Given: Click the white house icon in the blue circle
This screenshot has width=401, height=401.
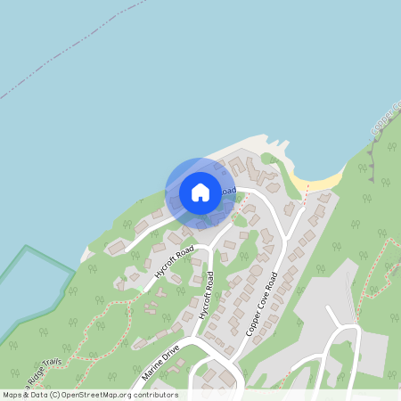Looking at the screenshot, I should [200, 192].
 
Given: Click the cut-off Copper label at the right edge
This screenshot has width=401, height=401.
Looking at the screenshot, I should [393, 120].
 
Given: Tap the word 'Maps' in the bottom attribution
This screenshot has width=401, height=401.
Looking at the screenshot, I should [12, 395].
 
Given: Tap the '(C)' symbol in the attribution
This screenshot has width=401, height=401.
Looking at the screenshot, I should [56, 395].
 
